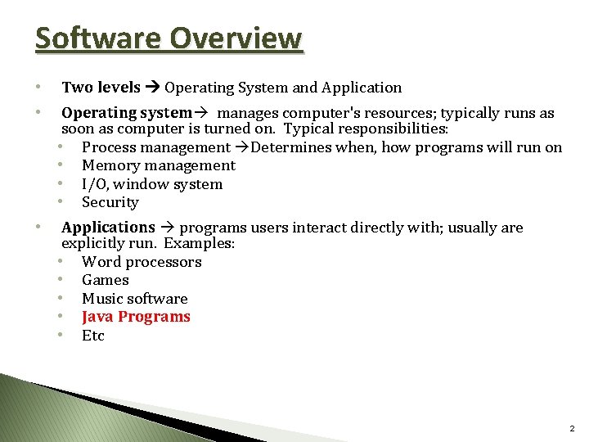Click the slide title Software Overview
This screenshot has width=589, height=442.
tap(169, 38)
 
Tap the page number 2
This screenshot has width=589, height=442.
tap(571, 428)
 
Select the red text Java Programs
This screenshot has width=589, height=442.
tap(136, 317)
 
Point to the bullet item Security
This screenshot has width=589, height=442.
tap(110, 202)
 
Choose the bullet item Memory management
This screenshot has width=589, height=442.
tap(158, 165)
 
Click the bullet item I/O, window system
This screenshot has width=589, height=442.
tap(152, 184)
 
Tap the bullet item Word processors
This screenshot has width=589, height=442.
tap(142, 262)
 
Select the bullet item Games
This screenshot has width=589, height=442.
tap(106, 280)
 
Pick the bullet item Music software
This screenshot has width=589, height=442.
tap(135, 299)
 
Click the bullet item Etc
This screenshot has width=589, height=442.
tap(93, 336)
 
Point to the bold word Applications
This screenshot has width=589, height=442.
tap(108, 228)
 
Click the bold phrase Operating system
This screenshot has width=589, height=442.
tap(126, 113)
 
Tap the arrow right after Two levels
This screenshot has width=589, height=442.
tap(153, 88)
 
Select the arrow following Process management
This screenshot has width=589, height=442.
tap(242, 148)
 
